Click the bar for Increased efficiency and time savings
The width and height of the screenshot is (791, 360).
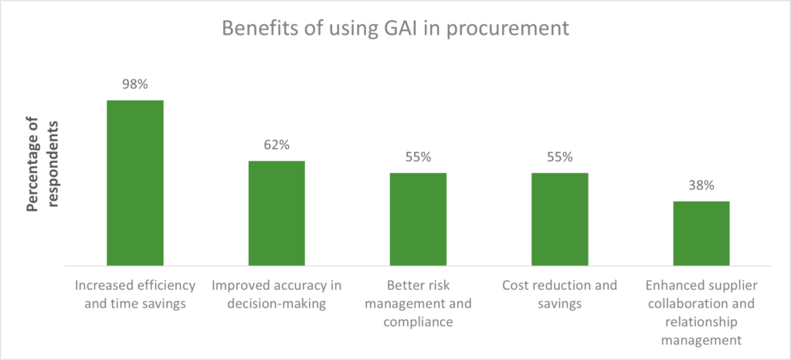pyautogui.click(x=134, y=183)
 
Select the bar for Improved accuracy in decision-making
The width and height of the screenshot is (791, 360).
pyautogui.click(x=276, y=213)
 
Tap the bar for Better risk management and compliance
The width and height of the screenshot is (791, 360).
pyautogui.click(x=418, y=219)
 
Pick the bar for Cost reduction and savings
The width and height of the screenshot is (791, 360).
pyautogui.click(x=559, y=219)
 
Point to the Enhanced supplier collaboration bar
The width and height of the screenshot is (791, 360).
pyautogui.click(x=701, y=233)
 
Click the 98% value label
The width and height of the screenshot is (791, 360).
pyautogui.click(x=134, y=84)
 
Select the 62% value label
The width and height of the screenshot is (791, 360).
pyautogui.click(x=276, y=144)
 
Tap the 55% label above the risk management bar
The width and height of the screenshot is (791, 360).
pyautogui.click(x=418, y=157)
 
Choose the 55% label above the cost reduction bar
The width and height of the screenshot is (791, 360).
pyautogui.click(x=559, y=157)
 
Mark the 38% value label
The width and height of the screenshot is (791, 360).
pyautogui.click(x=701, y=185)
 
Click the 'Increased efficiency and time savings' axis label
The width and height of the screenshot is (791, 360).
pyautogui.click(x=134, y=294)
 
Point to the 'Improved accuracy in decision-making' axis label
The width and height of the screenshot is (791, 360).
pyautogui.click(x=276, y=294)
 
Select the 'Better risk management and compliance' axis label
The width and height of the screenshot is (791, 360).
pyautogui.click(x=418, y=304)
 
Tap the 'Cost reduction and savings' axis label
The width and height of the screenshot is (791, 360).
pyautogui.click(x=559, y=294)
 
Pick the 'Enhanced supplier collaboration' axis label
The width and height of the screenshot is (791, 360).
pyautogui.click(x=701, y=312)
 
